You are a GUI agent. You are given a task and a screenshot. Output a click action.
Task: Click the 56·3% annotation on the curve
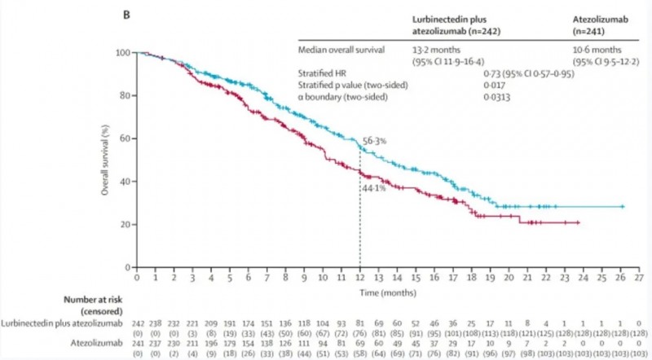coord(374,141)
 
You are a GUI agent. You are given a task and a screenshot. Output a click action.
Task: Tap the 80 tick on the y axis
coord(123,95)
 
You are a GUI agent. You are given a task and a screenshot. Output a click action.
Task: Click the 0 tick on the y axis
coord(126,267)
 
